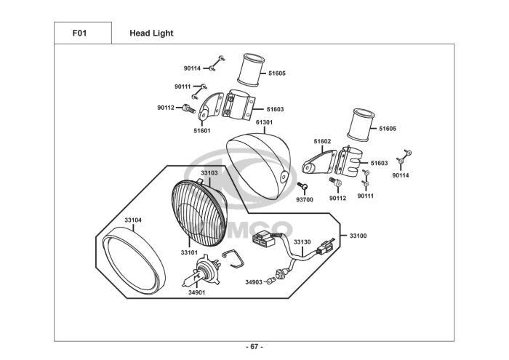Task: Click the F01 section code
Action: [x=79, y=33]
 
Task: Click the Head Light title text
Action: [x=151, y=33]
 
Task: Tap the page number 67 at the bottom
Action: [x=254, y=347]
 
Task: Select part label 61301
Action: [x=264, y=122]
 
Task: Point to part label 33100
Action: [x=358, y=236]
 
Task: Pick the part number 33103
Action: [x=209, y=173]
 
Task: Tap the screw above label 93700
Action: [x=302, y=185]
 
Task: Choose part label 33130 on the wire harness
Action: [x=302, y=242]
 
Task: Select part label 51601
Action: [x=202, y=131]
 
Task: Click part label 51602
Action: [x=322, y=141]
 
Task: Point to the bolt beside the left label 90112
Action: [x=189, y=108]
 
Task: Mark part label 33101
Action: [x=189, y=252]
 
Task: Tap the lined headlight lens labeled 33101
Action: [x=199, y=214]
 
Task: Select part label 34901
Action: [x=197, y=292]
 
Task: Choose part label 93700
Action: [x=305, y=200]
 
